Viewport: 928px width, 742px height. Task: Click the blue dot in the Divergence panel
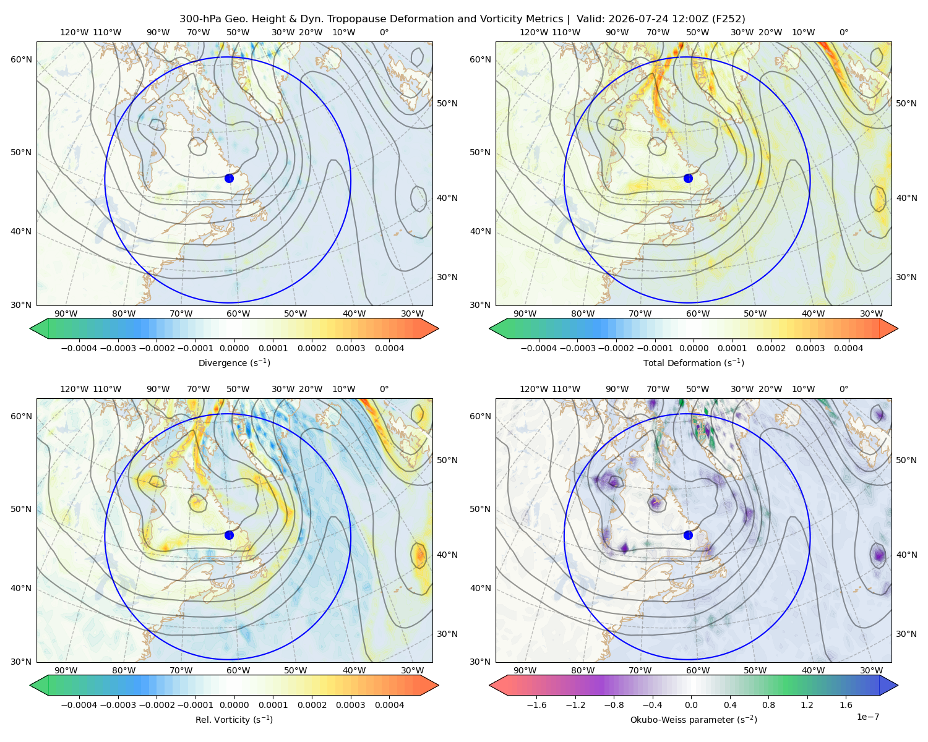[229, 178]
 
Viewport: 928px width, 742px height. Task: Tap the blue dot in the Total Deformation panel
[688, 178]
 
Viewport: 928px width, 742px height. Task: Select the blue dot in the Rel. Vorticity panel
[229, 535]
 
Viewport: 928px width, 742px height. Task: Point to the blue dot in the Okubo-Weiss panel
[688, 535]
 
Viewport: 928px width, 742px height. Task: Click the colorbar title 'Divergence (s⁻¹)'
[234, 362]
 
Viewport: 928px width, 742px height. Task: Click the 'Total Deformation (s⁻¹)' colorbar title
[694, 362]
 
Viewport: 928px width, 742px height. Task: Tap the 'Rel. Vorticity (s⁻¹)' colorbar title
[234, 719]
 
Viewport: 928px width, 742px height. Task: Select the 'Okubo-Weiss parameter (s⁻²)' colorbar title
[694, 719]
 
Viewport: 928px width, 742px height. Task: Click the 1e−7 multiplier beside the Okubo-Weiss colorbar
[867, 717]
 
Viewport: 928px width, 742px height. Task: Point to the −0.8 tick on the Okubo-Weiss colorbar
[614, 705]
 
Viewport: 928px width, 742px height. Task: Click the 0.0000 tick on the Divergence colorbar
[234, 348]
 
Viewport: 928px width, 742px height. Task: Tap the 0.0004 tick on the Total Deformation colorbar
[848, 348]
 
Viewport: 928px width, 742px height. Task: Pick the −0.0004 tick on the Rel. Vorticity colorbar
[79, 705]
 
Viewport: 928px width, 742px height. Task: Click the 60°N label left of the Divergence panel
[21, 59]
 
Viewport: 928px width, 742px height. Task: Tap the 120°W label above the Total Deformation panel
[534, 32]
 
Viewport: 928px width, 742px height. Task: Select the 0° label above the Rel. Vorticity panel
[384, 389]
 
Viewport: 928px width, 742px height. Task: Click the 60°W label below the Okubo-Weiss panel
[697, 670]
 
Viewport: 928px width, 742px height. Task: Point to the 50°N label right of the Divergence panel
[447, 103]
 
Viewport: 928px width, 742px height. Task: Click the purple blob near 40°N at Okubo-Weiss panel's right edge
[879, 555]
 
